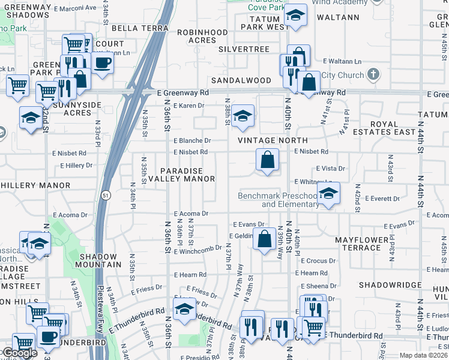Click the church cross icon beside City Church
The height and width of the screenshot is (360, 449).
point(373,75)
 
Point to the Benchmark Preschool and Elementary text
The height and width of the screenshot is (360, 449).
point(278,200)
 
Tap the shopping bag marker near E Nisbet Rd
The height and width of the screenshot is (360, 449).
point(268,160)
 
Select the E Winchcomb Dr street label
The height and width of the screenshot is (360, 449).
point(197,250)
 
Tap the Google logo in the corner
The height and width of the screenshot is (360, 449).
point(19,353)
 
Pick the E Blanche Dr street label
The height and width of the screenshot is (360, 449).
point(191,140)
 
